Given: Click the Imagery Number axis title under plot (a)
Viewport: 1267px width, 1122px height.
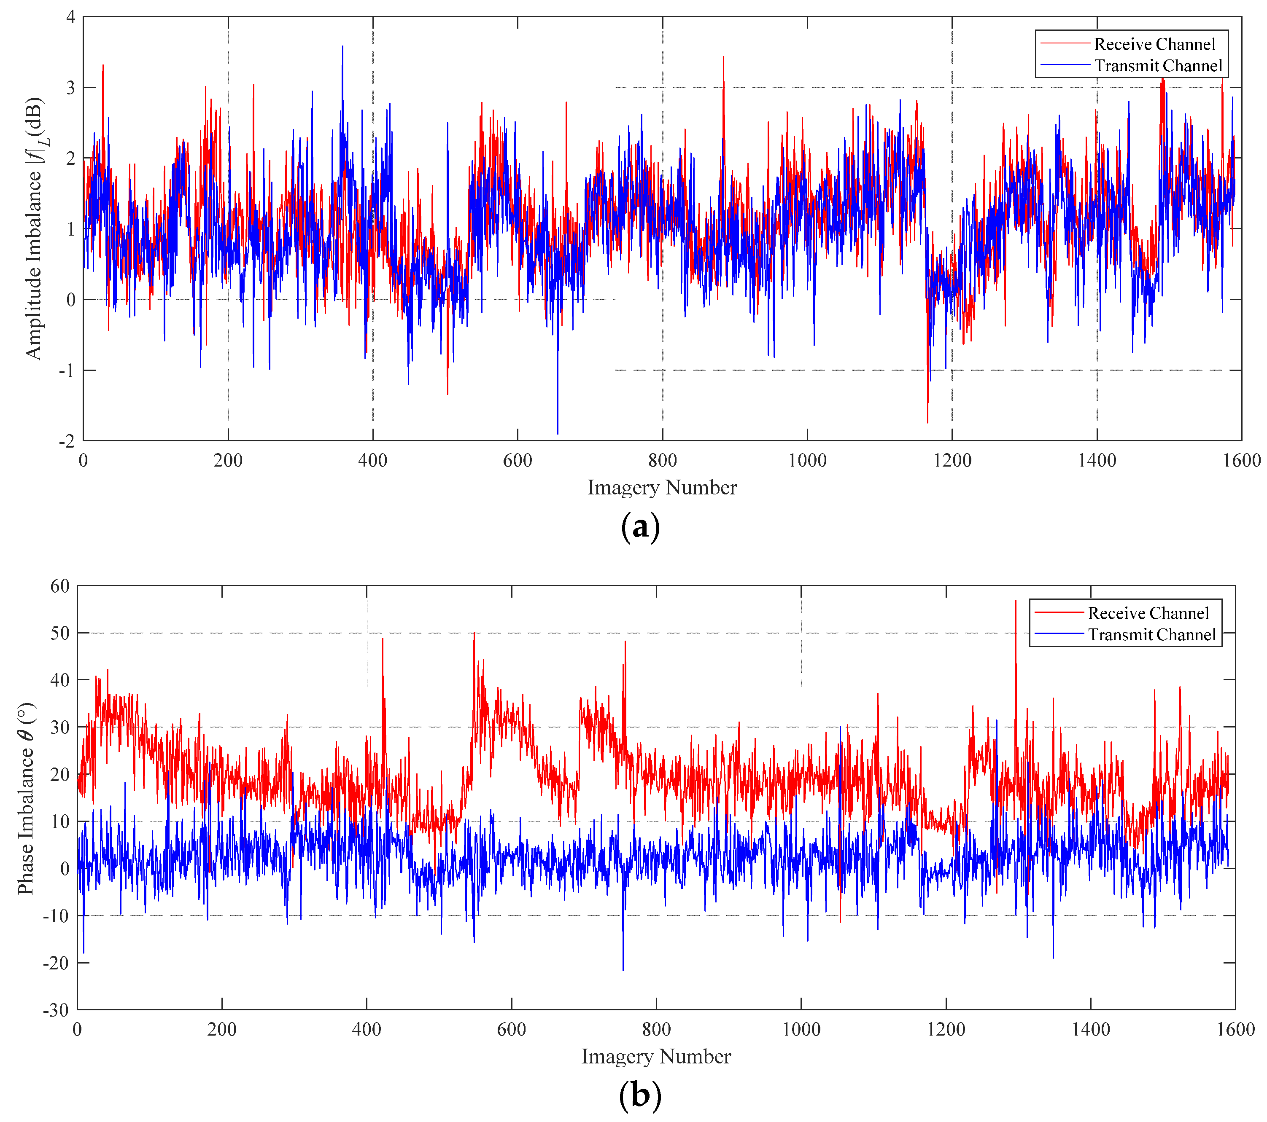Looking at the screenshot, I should tap(662, 488).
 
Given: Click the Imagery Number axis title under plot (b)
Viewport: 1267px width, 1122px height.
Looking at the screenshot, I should tap(656, 1056).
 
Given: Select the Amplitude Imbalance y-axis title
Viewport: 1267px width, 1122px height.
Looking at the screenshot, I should tap(35, 228).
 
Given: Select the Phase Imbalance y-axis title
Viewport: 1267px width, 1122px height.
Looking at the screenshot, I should tap(26, 799).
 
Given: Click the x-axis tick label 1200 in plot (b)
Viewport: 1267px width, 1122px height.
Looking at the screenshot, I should tap(946, 1029).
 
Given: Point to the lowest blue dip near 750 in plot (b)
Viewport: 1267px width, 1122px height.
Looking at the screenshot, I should tap(623, 968).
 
